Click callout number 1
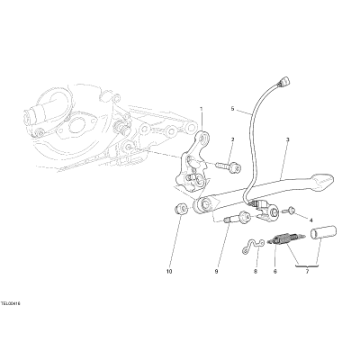coord(202,109)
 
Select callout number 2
coord(232,139)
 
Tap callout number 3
coord(287,139)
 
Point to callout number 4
coord(310,220)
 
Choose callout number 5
coord(232,109)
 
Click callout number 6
coord(275,272)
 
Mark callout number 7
coord(307,272)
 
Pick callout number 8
coord(256,272)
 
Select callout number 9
coord(216,272)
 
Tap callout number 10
coord(169,272)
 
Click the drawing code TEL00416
coord(10,304)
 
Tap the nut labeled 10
coord(181,209)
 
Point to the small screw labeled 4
coord(290,211)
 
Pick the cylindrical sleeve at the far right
coord(323,233)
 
